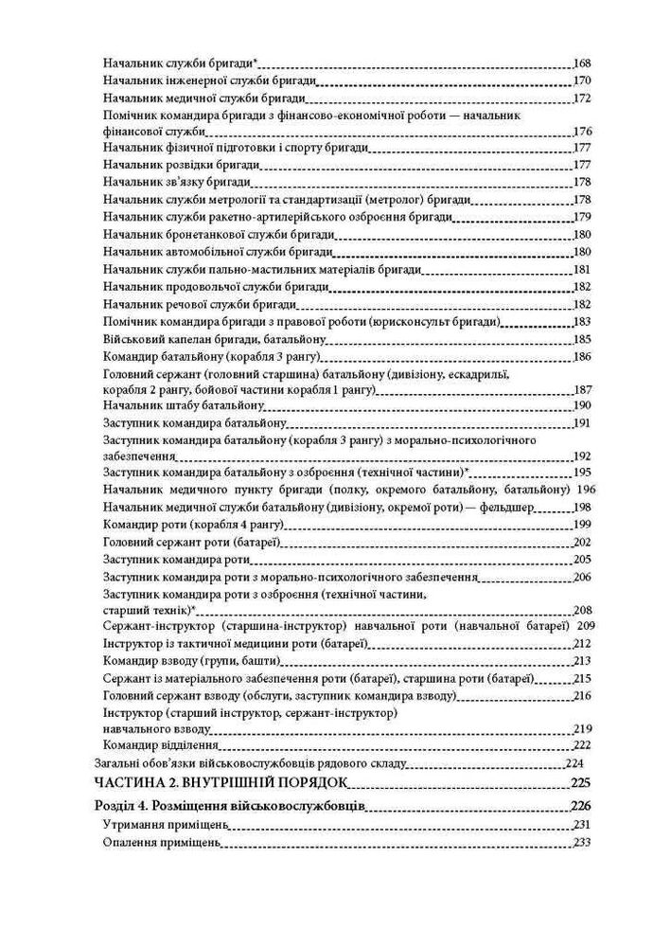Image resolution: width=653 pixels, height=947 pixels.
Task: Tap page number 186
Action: coord(582,356)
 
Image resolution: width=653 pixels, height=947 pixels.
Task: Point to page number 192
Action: coord(582,456)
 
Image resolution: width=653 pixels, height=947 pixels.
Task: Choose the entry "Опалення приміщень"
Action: coord(156,843)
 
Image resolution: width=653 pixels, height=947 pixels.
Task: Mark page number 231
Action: coord(582,825)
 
